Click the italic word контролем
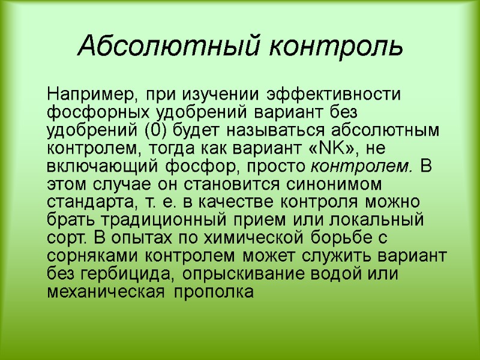[363, 164]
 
